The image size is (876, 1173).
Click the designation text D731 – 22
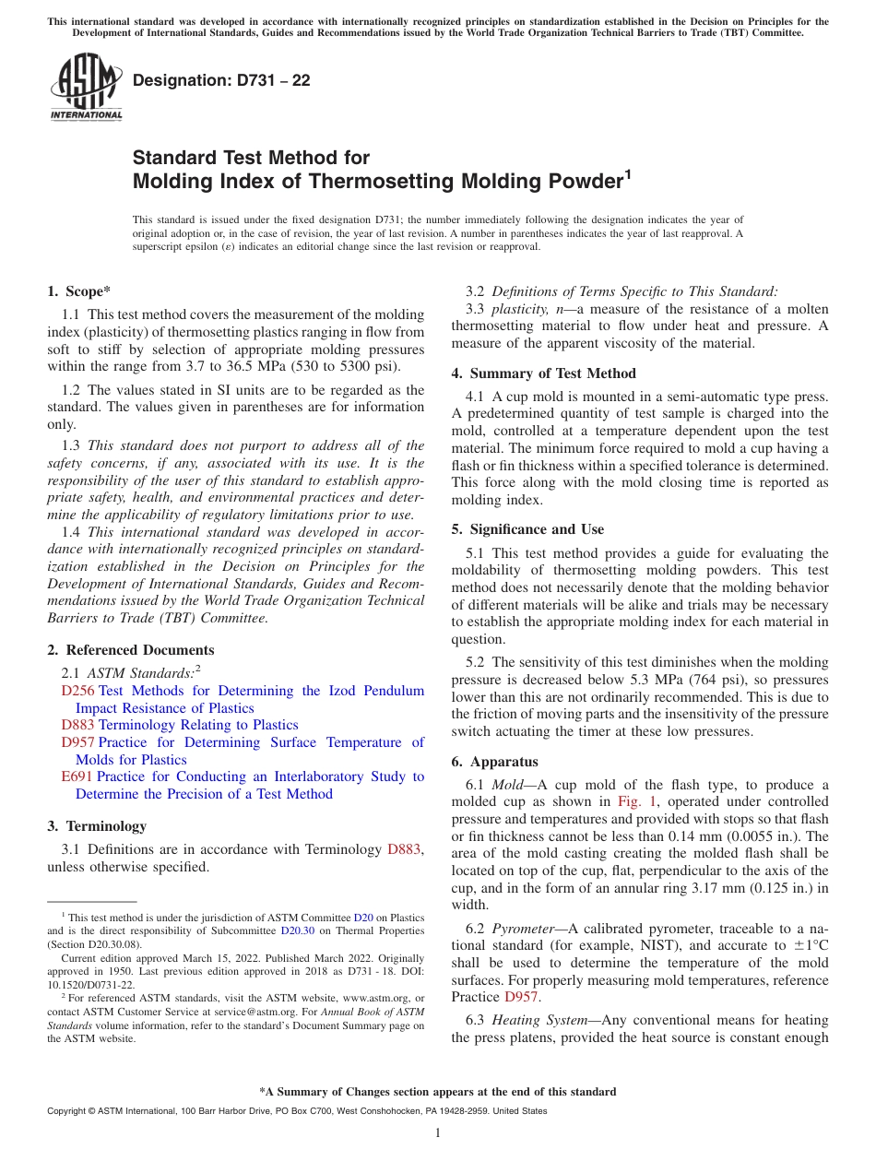tap(221, 80)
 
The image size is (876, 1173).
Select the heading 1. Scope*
tap(78, 290)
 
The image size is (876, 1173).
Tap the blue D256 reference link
tap(77, 691)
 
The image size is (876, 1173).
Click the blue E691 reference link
tap(77, 776)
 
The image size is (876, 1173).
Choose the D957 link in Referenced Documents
tap(77, 742)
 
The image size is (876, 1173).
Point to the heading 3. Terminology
tap(97, 825)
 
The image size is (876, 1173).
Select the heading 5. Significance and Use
tap(527, 529)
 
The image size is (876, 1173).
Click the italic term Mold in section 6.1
tap(506, 785)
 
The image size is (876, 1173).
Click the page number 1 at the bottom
tap(438, 1133)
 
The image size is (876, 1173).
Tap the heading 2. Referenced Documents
tap(130, 650)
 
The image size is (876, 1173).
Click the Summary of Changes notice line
tap(437, 1092)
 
